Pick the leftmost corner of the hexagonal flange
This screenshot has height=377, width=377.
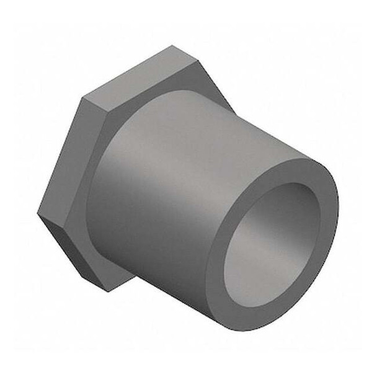pyautogui.click(x=38, y=214)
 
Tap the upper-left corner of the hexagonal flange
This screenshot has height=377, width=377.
pyautogui.click(x=82, y=99)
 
